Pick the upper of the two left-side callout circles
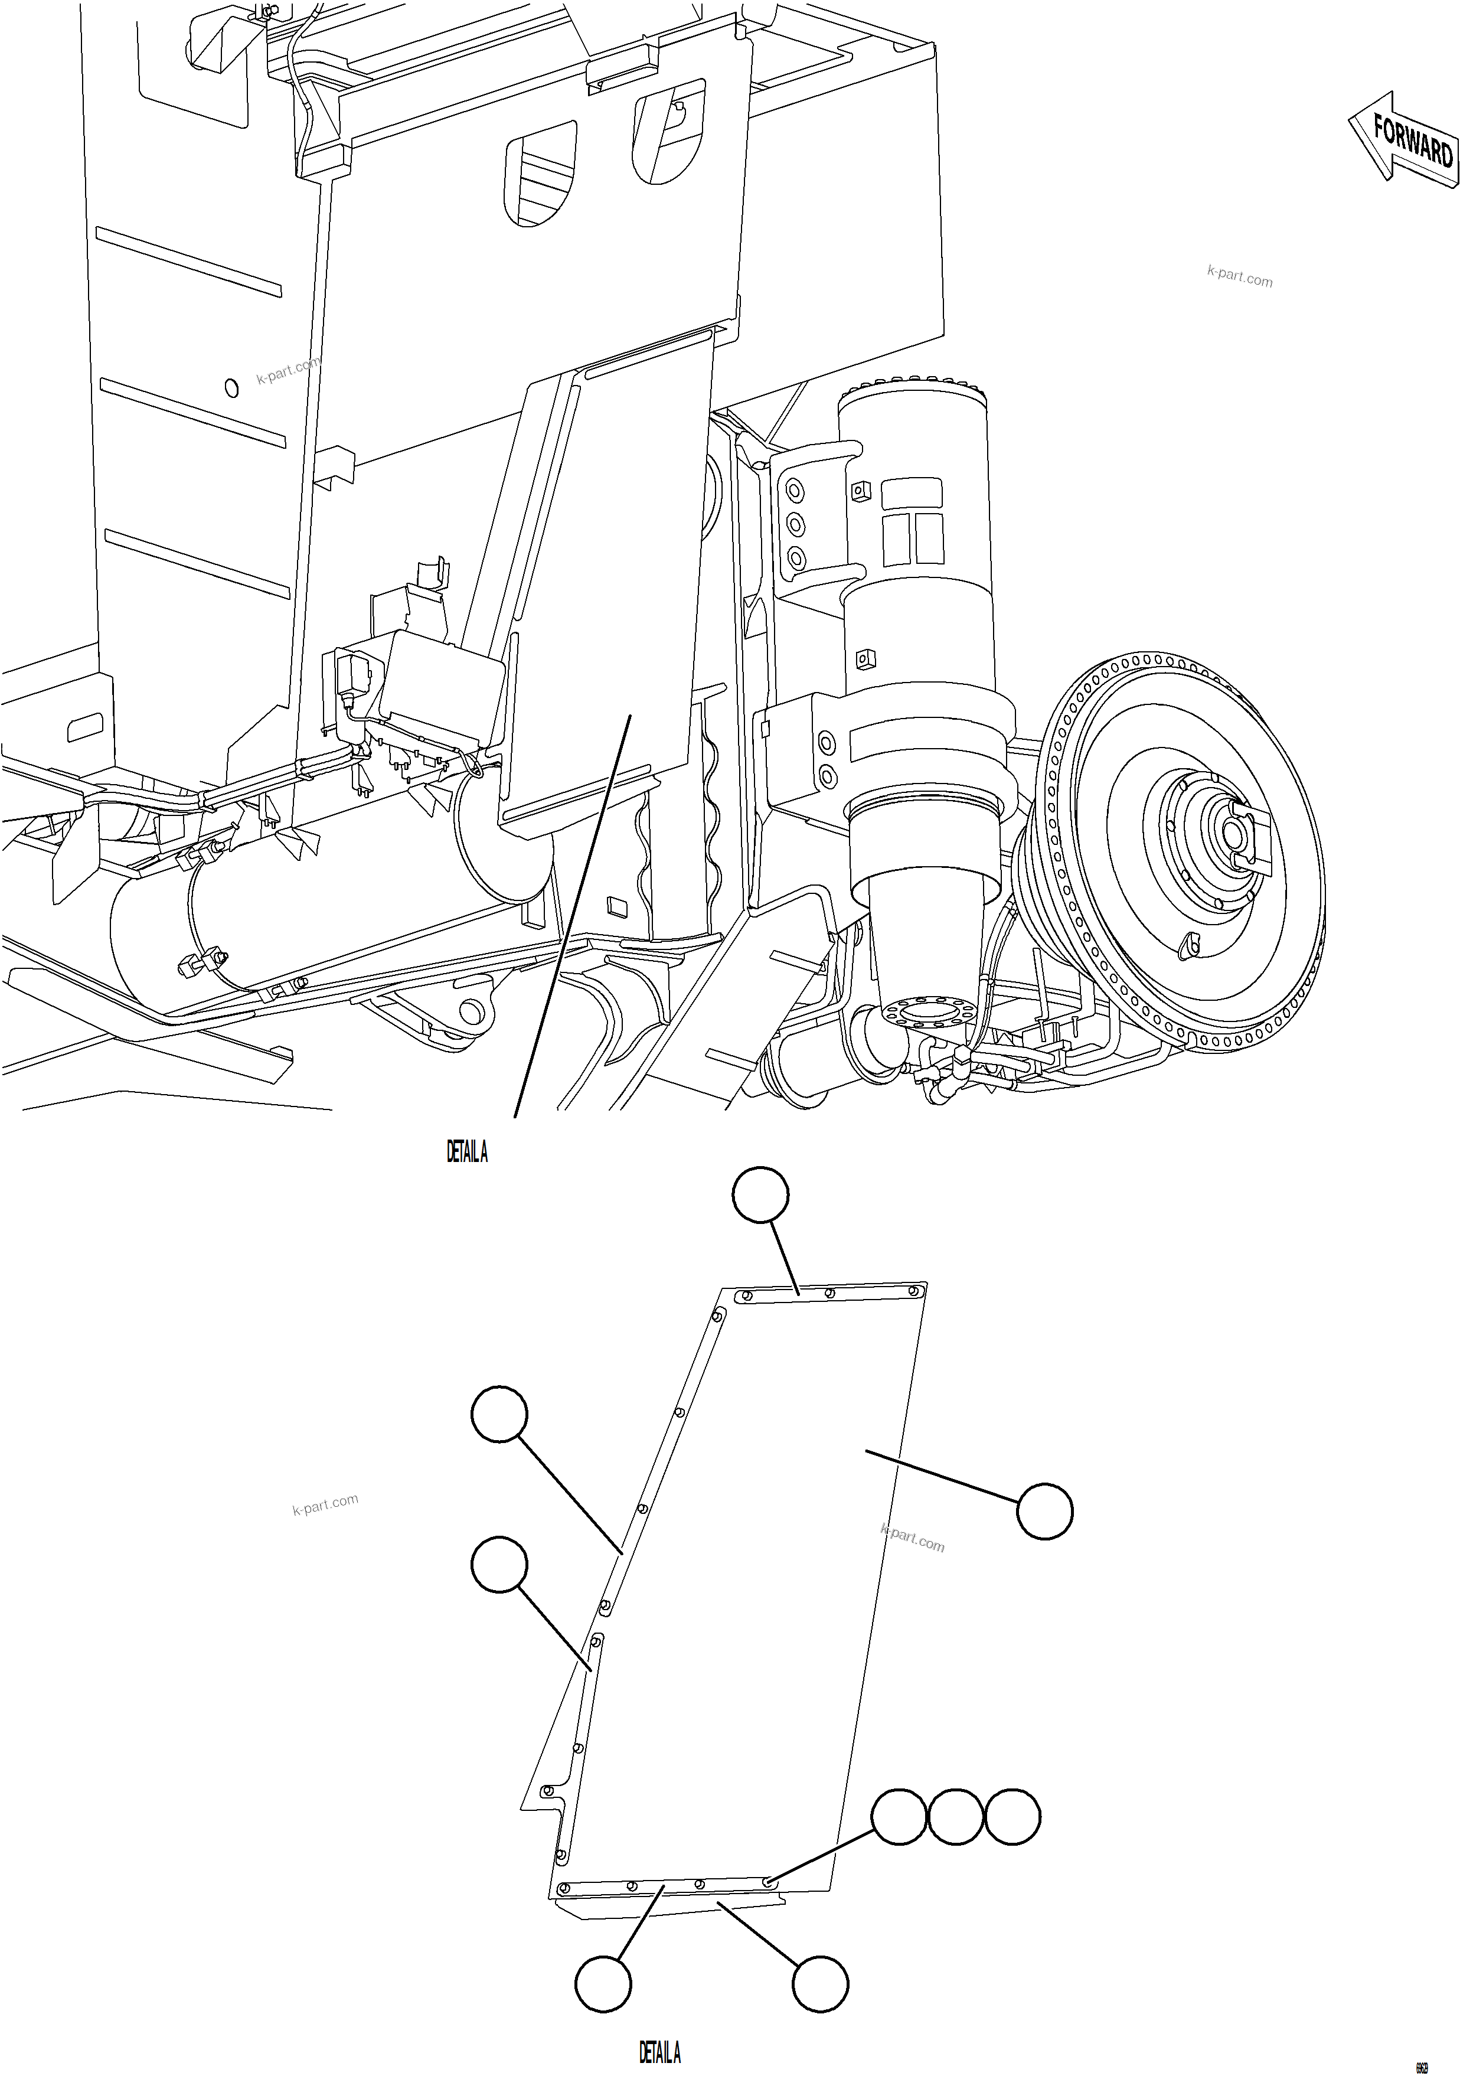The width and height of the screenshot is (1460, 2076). (499, 1414)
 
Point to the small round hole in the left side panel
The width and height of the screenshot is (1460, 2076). (231, 388)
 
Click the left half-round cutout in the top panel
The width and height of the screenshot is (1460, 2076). (539, 172)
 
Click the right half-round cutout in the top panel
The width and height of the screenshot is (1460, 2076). (668, 126)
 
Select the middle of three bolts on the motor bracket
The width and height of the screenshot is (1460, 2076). (796, 524)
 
